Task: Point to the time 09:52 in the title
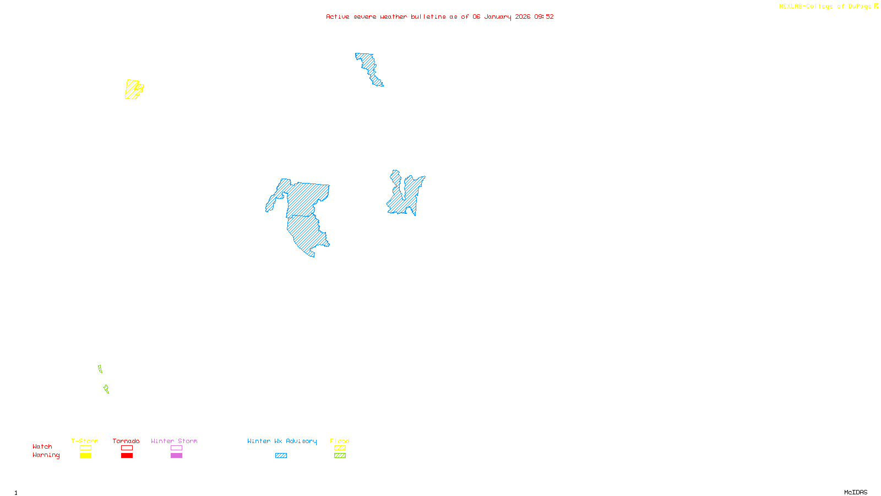(x=543, y=17)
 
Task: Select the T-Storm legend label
(x=85, y=441)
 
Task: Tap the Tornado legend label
(x=126, y=441)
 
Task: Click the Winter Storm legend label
(x=174, y=441)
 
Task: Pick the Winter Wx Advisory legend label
(x=282, y=441)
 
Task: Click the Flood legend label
(x=340, y=441)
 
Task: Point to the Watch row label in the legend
(x=42, y=447)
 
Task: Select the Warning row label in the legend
(x=46, y=455)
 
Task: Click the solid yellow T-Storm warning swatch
(x=85, y=456)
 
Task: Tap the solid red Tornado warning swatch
(x=127, y=456)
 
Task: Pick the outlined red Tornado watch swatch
(x=127, y=448)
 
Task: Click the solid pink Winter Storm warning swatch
(x=176, y=456)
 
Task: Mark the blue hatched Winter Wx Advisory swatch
(x=281, y=456)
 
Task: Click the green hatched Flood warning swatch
(x=340, y=456)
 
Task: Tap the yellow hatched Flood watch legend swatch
(x=340, y=448)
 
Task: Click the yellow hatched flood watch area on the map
(x=132, y=89)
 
